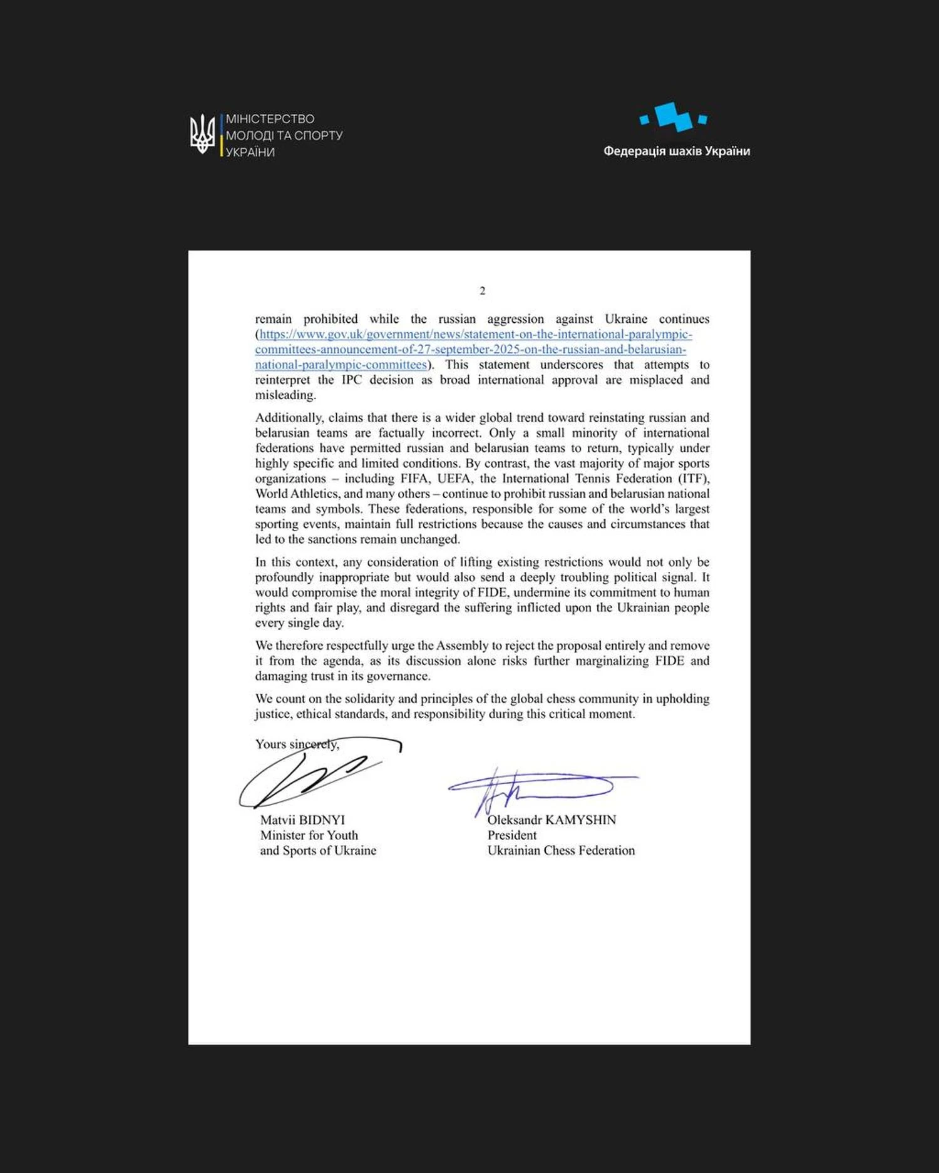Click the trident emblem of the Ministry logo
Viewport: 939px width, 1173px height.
pos(202,134)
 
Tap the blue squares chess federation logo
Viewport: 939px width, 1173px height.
pos(673,117)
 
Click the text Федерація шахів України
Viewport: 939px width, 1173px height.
pos(676,151)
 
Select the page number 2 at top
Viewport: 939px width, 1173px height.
pos(482,290)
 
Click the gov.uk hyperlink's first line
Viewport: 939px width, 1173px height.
pos(476,335)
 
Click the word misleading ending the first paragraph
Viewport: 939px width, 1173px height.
pos(285,395)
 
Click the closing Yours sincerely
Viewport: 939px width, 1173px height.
pos(297,744)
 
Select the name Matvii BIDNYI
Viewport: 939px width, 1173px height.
pos(302,820)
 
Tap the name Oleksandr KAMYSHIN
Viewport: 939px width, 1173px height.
pos(552,820)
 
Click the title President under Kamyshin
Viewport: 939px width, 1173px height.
pos(512,835)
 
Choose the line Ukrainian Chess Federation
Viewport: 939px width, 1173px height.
pos(561,851)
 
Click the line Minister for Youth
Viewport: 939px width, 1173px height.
pos(309,835)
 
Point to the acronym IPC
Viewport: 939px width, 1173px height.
pos(351,380)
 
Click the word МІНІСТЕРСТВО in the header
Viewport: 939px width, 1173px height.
pos(270,119)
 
